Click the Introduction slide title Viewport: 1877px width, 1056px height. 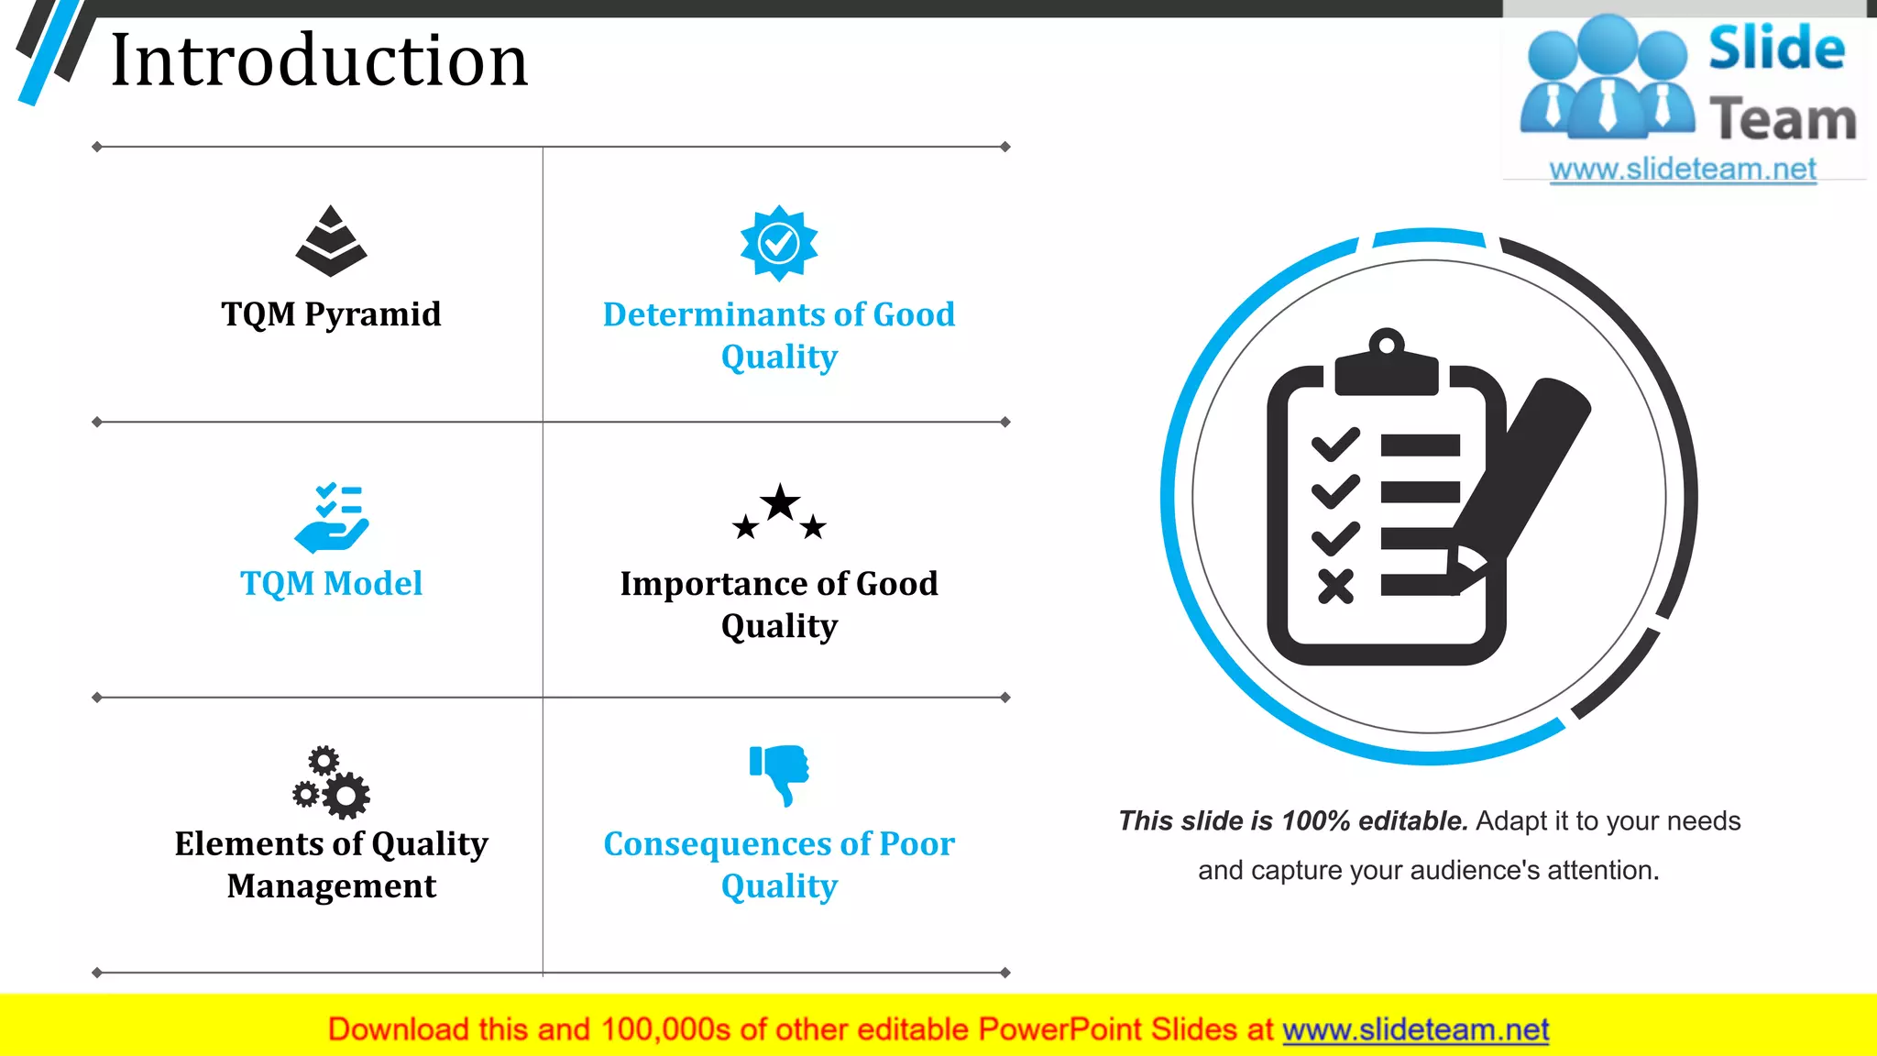(319, 60)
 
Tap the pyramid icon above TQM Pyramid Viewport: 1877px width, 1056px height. (331, 241)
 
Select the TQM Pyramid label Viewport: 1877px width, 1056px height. (331, 314)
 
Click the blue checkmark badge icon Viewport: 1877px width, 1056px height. (779, 243)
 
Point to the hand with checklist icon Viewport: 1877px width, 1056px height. (331, 519)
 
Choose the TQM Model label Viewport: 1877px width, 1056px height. (331, 584)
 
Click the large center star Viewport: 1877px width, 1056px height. (780, 503)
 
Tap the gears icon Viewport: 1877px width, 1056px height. (331, 783)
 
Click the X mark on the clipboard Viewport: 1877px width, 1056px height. (1335, 587)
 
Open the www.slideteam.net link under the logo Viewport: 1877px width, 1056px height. (1683, 170)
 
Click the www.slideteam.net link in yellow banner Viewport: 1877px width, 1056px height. (1415, 1030)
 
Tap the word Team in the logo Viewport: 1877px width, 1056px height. (1783, 120)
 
